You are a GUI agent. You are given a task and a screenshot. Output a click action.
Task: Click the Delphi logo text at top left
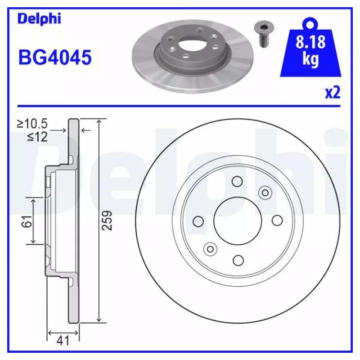(x=39, y=19)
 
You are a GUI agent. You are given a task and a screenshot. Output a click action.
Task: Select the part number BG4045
(x=55, y=58)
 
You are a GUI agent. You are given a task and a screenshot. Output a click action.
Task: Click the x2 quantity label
(x=333, y=93)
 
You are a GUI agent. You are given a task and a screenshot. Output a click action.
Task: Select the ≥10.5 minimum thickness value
(x=32, y=124)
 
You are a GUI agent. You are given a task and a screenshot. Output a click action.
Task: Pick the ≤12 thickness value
(x=37, y=137)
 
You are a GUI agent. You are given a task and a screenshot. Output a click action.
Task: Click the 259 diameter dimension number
(x=107, y=220)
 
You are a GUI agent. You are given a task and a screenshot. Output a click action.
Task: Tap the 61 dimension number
(x=27, y=221)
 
